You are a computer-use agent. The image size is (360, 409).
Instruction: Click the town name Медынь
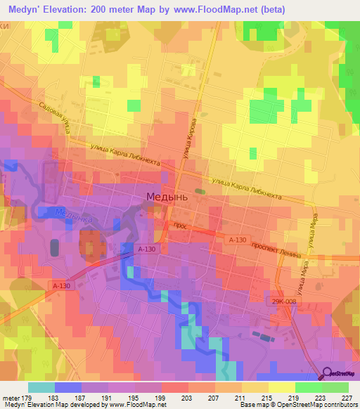click(x=167, y=197)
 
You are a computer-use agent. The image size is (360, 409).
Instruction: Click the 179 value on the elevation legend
click(x=28, y=398)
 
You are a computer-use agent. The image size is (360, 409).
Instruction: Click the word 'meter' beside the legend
click(x=11, y=398)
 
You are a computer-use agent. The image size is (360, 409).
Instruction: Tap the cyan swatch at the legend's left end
click(x=41, y=387)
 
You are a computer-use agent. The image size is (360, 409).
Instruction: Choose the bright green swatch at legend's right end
click(x=335, y=387)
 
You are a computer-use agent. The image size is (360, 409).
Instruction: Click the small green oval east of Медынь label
click(x=200, y=190)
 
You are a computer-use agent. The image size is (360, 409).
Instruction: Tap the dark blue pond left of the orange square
click(x=55, y=247)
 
